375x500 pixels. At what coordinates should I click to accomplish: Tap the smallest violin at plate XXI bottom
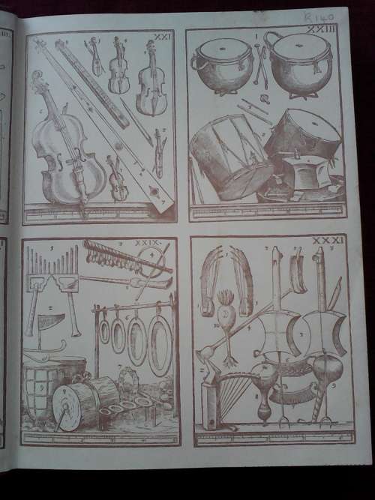coord(116,178)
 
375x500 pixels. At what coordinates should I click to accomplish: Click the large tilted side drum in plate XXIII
coord(221,154)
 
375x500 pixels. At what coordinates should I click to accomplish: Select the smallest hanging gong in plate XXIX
coord(104,330)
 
